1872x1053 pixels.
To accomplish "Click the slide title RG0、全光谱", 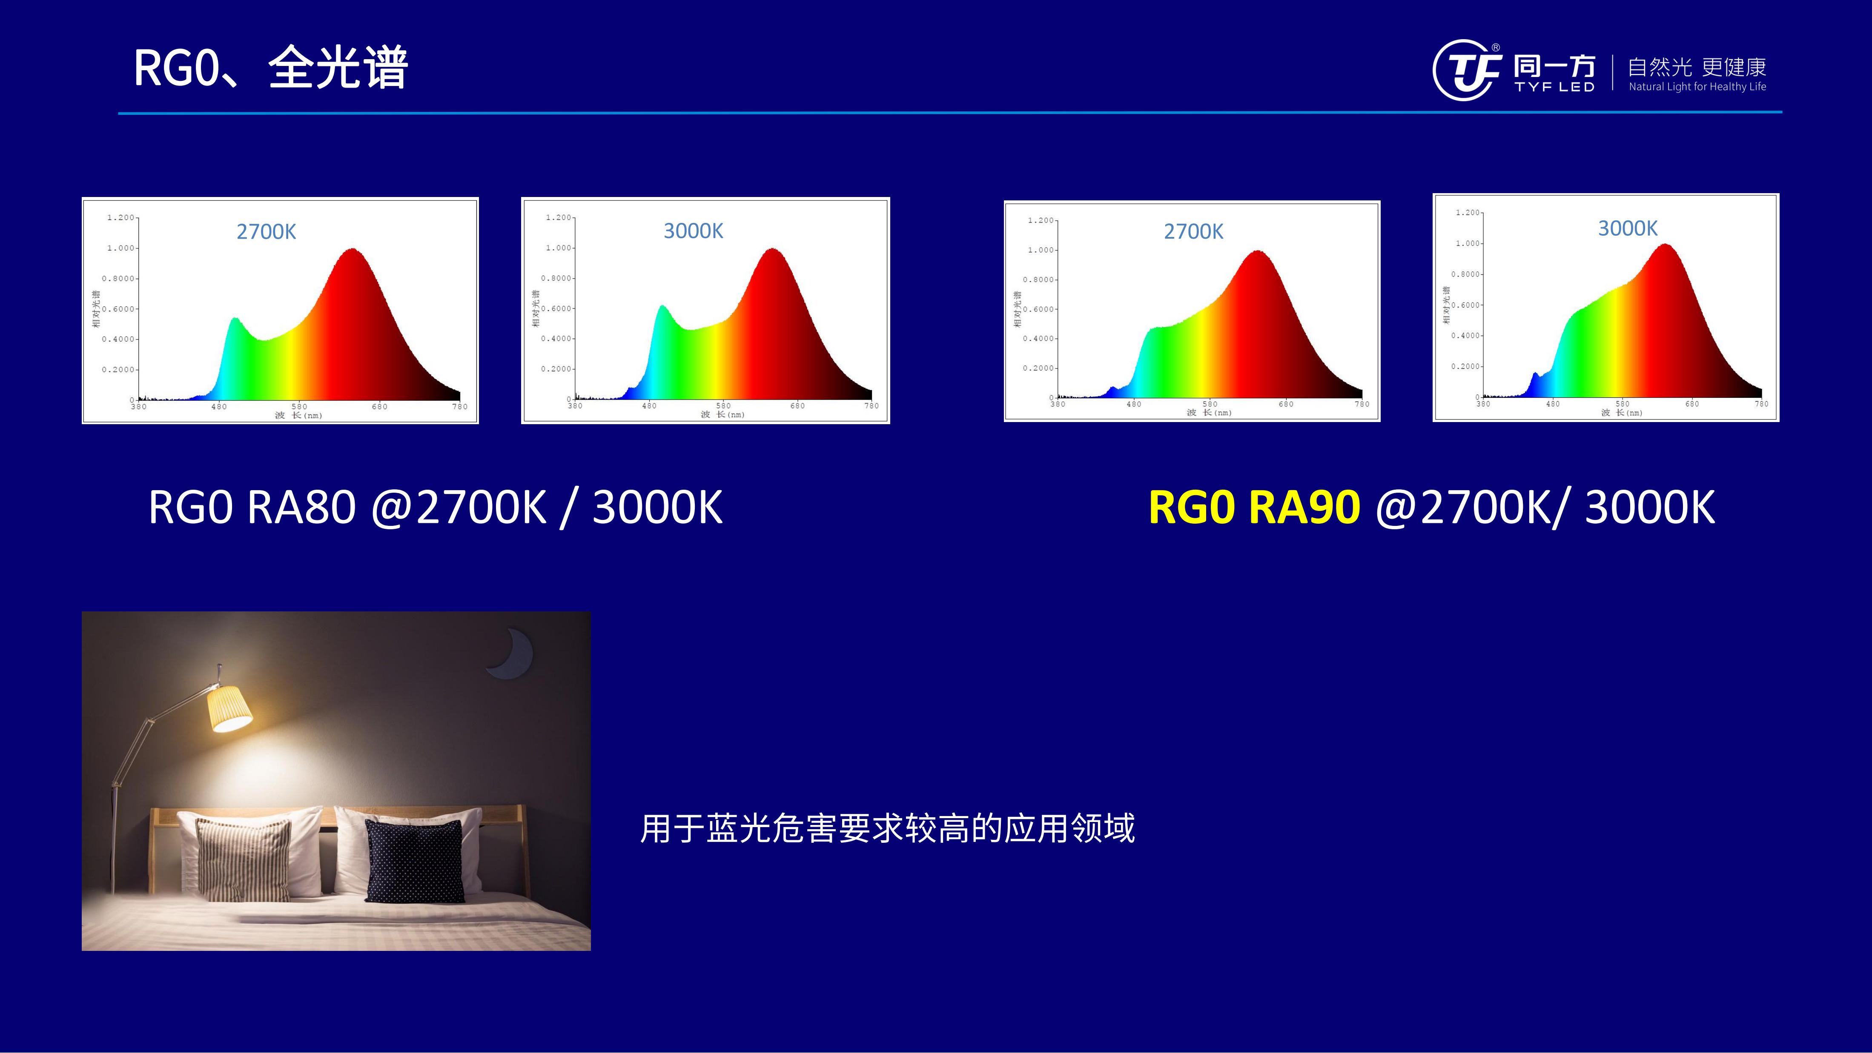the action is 270,68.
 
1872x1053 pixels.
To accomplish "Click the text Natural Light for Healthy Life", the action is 1697,86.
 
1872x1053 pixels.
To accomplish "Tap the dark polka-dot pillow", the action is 414,861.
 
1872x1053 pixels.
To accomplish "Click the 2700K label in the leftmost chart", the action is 266,231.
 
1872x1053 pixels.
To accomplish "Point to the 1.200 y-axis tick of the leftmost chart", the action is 120,217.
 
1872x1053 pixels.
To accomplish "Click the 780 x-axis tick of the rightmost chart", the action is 1762,404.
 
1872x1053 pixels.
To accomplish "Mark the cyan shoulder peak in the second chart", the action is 662,308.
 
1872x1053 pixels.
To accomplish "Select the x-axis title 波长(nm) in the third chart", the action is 1209,413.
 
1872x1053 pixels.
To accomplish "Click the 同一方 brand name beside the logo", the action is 1554,67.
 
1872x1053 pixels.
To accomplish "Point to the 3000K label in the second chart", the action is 693,231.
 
